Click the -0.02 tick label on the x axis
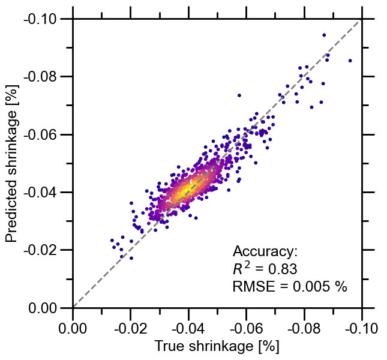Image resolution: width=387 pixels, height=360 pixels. click(131, 328)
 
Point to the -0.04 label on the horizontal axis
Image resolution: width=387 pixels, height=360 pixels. click(188, 328)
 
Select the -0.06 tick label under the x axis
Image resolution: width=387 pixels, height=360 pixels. click(246, 328)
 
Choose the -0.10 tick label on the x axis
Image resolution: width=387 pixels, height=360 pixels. click(361, 328)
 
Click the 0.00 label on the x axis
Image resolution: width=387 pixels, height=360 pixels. click(73, 328)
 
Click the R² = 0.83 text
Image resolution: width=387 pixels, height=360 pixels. click(265, 269)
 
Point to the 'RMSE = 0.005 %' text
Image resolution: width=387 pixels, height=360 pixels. click(290, 287)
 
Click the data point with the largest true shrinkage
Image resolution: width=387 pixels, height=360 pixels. click(350, 61)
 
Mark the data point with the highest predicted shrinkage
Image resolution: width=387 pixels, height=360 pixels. click(324, 35)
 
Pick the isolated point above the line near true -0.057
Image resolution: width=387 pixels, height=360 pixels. click(239, 95)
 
